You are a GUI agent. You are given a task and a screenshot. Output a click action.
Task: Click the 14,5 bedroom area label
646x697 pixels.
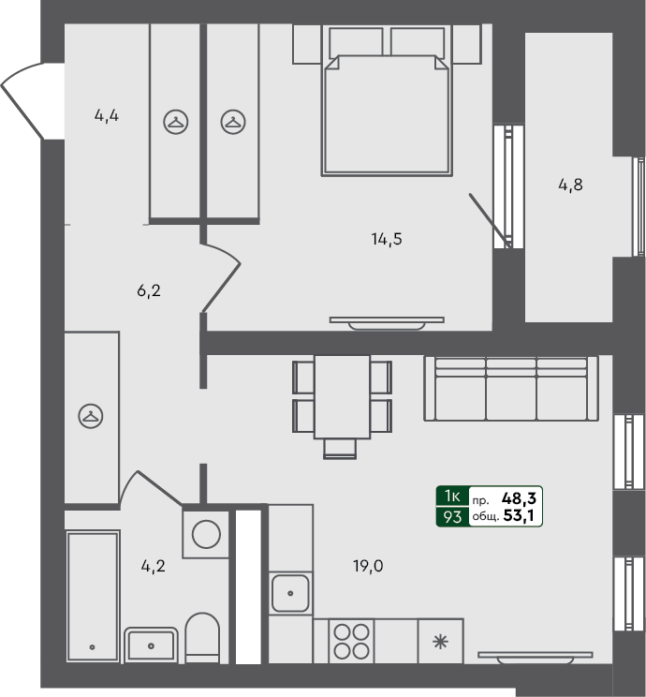point(386,238)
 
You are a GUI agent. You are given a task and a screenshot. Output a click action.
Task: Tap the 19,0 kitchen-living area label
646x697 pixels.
point(369,565)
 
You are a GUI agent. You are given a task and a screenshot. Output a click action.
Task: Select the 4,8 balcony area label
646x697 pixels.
point(570,185)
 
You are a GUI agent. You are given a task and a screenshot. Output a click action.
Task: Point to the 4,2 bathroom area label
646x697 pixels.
point(153,565)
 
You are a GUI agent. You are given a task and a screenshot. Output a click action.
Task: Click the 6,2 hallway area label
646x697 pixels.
point(150,290)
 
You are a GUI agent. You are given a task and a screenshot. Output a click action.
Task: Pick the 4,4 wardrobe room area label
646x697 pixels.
point(106,116)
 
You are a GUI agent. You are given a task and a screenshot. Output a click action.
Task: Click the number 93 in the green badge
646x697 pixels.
point(452,516)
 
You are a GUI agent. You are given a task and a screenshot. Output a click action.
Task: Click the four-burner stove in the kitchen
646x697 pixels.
point(351,642)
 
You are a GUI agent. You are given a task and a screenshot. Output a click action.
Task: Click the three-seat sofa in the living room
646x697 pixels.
point(510,388)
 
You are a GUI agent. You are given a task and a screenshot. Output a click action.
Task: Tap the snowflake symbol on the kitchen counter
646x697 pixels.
point(440,642)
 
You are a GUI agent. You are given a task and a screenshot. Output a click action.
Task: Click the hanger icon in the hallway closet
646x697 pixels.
point(91,415)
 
